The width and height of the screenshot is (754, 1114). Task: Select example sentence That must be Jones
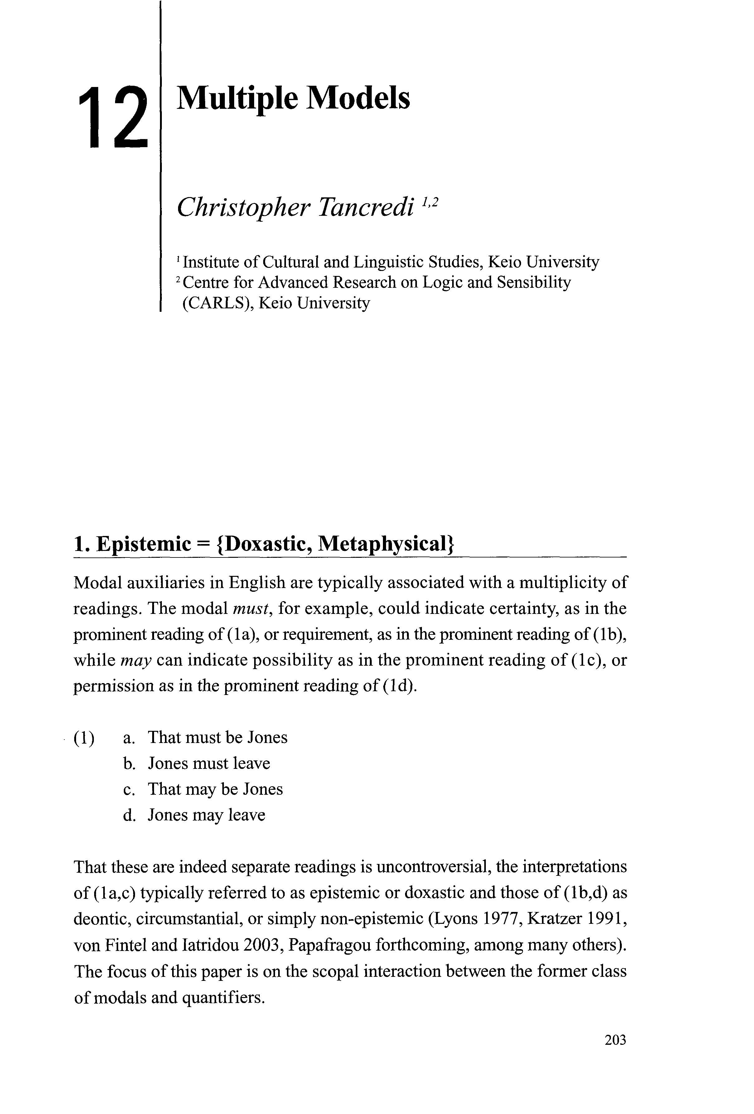217,737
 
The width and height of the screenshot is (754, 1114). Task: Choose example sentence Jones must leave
209,763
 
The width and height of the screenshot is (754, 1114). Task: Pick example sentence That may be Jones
215,789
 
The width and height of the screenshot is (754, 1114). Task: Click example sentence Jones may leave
206,815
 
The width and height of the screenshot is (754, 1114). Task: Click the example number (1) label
85,738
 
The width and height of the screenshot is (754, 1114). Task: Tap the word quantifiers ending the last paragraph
224,997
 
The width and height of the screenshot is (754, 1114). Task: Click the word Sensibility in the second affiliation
533,282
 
